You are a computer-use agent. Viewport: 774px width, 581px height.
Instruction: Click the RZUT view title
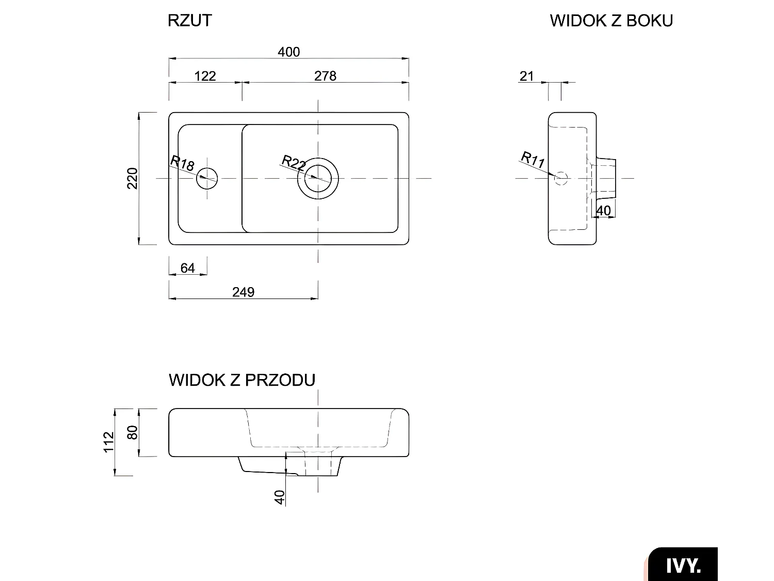pos(190,21)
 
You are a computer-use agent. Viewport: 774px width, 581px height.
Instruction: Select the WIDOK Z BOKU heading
pos(611,21)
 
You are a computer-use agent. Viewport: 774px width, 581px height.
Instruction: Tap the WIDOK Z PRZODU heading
pos(242,380)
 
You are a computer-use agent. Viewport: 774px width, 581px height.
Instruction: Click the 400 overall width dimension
pos(288,52)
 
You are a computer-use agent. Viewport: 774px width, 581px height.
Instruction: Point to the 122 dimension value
pos(205,76)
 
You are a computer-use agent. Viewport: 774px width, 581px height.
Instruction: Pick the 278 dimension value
pos(325,76)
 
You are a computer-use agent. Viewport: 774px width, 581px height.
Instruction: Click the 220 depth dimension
pos(133,178)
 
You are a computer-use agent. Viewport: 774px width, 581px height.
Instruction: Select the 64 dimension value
pos(188,268)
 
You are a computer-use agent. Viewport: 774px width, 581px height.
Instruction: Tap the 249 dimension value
pos(243,292)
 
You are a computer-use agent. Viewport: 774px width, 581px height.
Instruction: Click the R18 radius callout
pos(183,164)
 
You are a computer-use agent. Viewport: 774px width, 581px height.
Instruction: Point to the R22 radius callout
pos(294,163)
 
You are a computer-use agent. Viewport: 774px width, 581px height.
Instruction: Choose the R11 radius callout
pos(533,159)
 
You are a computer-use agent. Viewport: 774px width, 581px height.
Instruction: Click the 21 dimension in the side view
pos(526,76)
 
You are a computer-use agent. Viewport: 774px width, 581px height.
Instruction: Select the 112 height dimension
pos(109,442)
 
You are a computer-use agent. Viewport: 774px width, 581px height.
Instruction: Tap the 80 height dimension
pos(133,432)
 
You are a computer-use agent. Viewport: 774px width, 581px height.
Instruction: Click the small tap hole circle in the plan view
pos(207,179)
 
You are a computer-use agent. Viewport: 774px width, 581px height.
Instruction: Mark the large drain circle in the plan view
pos(318,178)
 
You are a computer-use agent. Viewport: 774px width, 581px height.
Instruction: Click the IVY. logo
pos(683,565)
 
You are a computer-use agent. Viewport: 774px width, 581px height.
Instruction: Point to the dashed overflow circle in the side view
pos(561,179)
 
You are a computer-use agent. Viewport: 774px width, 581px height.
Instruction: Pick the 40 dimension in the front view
pos(280,497)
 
